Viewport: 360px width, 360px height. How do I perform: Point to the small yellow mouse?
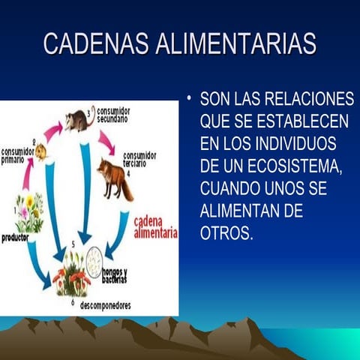40,152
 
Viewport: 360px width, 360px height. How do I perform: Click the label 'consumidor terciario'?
139,159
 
